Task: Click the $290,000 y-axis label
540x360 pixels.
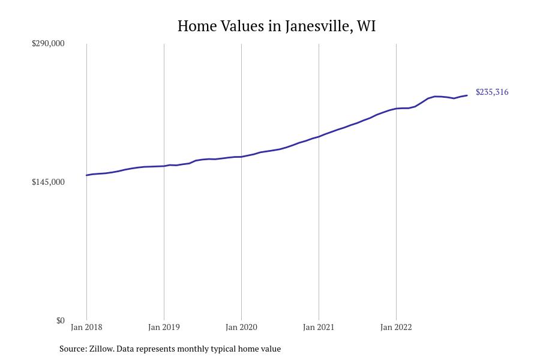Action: click(x=48, y=43)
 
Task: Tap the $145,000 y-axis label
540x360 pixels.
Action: click(x=48, y=182)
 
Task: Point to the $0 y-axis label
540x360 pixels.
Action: click(x=60, y=320)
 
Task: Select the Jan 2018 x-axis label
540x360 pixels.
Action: click(x=86, y=327)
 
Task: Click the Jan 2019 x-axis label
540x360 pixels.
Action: click(x=164, y=327)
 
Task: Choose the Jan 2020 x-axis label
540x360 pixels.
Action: click(x=241, y=327)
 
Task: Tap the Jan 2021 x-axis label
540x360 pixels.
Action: click(x=319, y=327)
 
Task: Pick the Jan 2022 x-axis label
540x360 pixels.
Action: click(x=396, y=327)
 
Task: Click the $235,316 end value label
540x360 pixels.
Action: click(x=492, y=92)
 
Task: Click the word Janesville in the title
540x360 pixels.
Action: click(x=318, y=26)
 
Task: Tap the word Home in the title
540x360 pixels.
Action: click(x=196, y=26)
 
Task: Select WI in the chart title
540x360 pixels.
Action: click(x=366, y=26)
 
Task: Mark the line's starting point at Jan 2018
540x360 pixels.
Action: click(x=86, y=175)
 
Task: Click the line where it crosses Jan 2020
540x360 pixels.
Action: click(x=241, y=157)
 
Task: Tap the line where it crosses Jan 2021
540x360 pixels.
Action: click(x=319, y=136)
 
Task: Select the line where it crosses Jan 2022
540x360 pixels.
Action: click(x=396, y=109)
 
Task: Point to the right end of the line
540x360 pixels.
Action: click(x=467, y=95)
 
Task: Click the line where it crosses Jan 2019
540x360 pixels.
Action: click(x=164, y=166)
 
